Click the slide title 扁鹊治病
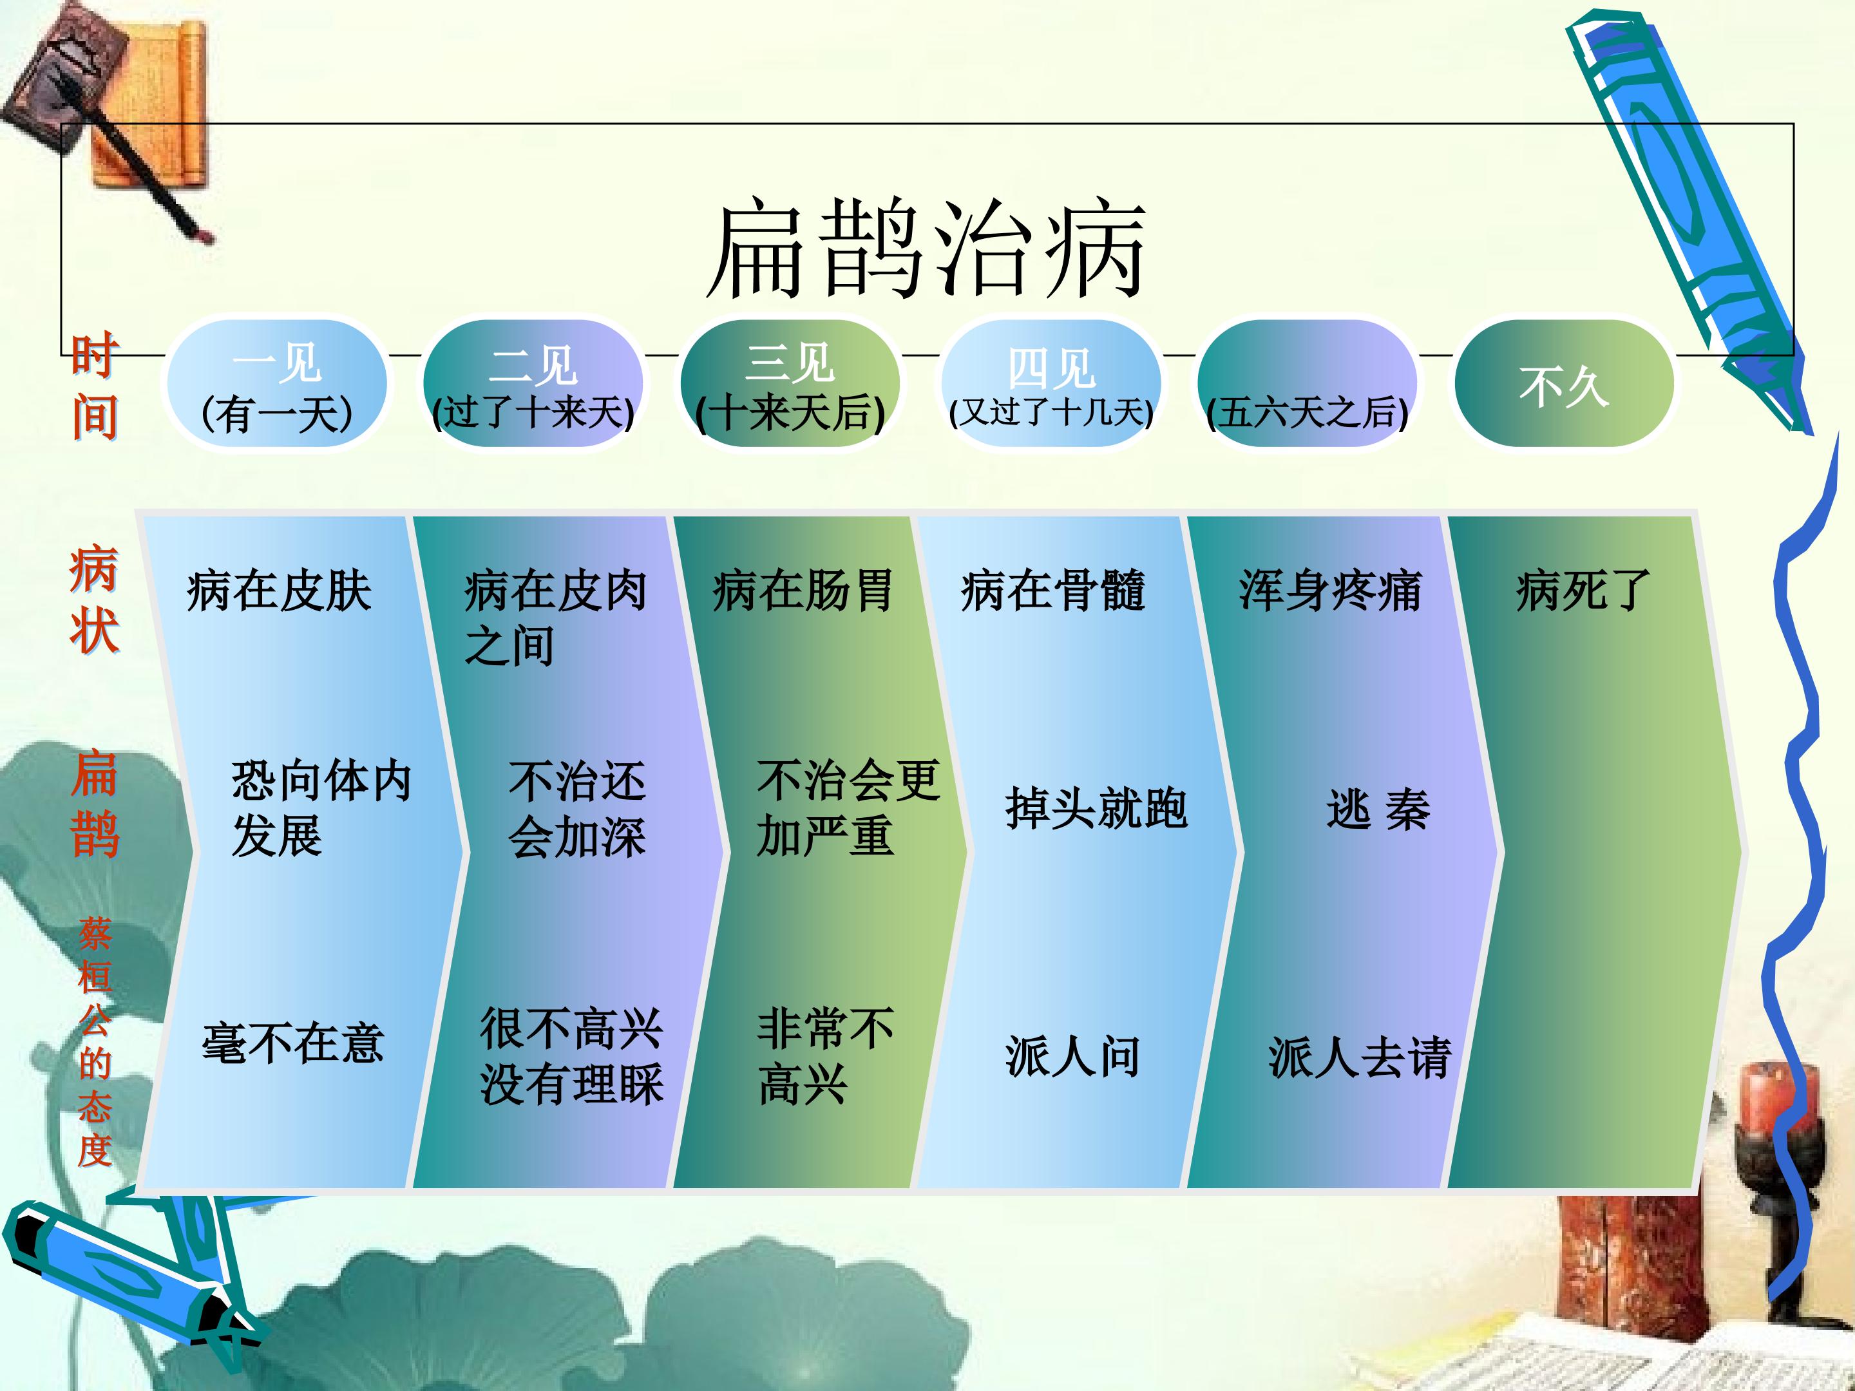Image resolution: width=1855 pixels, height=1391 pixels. pos(927,249)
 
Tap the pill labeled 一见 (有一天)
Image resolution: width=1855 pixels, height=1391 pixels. pos(277,384)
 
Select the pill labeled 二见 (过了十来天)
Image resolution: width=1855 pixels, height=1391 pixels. pos(533,384)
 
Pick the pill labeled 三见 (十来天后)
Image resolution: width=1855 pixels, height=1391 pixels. pos(790,384)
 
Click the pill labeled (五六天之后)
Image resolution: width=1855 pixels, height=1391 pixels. pos(1308,384)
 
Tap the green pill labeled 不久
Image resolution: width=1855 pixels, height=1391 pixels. pos(1564,384)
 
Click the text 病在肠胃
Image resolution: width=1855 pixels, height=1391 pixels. pos(803,591)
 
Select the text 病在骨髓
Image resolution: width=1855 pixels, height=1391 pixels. pos(1052,591)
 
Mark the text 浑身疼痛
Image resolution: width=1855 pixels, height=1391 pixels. pos(1330,591)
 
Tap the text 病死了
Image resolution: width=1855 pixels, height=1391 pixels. pos(1583,591)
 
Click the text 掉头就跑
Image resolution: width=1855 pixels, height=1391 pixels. pos(1096,808)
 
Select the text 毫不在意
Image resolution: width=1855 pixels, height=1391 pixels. pos(292,1043)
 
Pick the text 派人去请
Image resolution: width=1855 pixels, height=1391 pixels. pos(1360,1057)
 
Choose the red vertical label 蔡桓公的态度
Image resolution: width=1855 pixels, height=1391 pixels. pos(94,1042)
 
